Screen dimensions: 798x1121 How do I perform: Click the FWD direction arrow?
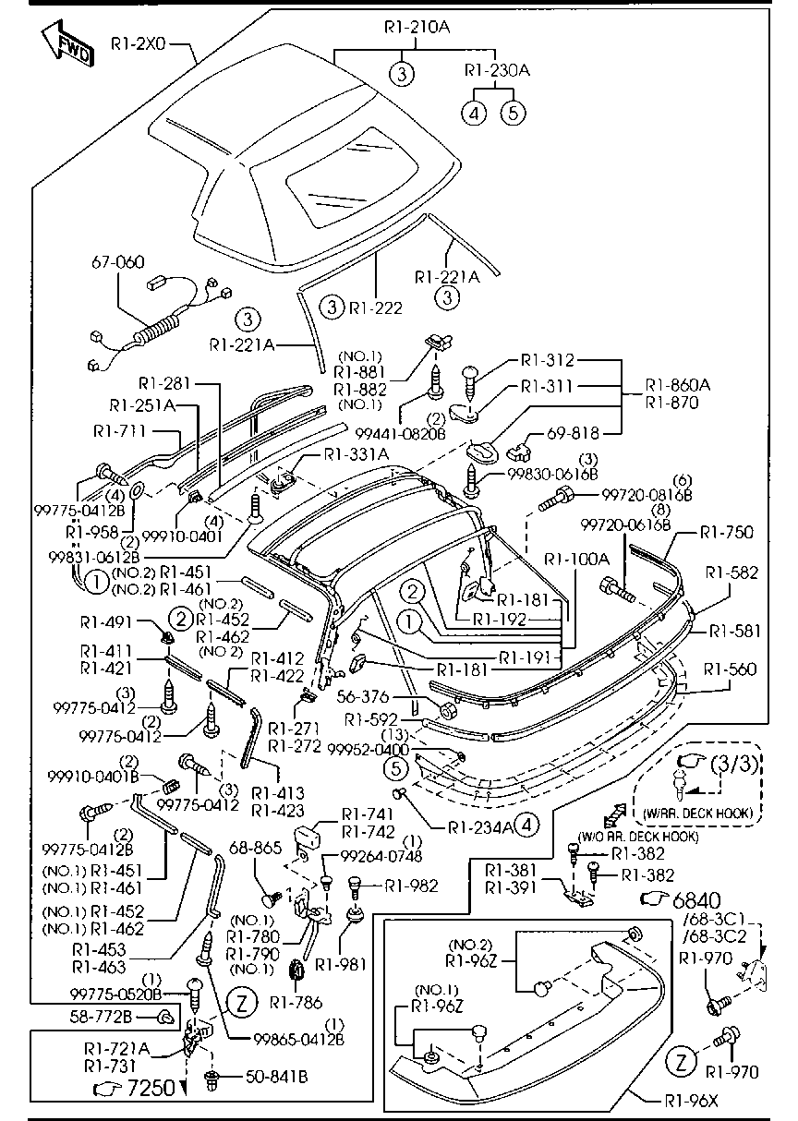click(66, 44)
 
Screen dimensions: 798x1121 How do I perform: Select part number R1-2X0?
click(138, 44)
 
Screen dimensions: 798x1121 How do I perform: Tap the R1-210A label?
click(417, 27)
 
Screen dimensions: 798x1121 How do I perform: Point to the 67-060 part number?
click(117, 261)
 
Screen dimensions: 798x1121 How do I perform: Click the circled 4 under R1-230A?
click(474, 113)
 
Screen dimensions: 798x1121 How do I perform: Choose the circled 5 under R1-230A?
click(514, 113)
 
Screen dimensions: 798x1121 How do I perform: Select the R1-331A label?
click(357, 454)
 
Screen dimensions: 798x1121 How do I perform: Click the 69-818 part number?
click(573, 432)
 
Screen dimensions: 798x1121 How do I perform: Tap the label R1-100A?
click(576, 559)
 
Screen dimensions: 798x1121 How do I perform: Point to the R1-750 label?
click(726, 532)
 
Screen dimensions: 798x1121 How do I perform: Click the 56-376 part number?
click(363, 696)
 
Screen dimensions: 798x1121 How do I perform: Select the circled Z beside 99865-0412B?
click(242, 1003)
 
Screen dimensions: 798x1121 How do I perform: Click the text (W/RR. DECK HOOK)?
click(697, 814)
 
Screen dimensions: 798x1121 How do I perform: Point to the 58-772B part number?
click(101, 1017)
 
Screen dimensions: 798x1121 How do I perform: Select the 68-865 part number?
click(255, 848)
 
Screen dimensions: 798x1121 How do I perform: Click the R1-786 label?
click(296, 1003)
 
